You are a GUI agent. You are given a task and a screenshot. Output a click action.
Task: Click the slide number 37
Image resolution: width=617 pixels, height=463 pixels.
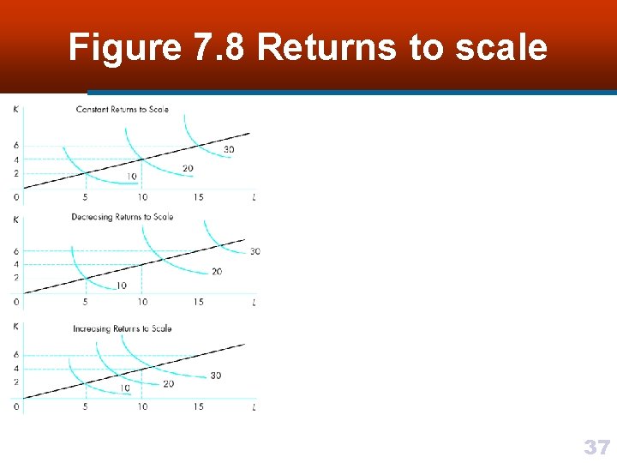(596, 447)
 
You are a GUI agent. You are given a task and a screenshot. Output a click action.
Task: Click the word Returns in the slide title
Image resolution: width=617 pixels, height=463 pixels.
(326, 47)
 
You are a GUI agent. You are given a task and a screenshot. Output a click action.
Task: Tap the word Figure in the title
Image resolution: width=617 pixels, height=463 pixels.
(124, 47)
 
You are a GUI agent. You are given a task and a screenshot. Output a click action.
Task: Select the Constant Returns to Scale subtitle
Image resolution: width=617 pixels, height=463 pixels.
(123, 110)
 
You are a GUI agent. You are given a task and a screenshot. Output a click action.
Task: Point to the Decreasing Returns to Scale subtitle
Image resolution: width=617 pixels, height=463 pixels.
(123, 217)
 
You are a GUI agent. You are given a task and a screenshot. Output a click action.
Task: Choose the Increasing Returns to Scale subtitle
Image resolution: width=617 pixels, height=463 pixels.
(123, 328)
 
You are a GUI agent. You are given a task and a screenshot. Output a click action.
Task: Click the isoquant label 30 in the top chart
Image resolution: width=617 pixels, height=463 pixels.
(229, 150)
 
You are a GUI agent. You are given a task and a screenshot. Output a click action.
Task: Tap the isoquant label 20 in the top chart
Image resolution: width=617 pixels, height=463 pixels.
(188, 168)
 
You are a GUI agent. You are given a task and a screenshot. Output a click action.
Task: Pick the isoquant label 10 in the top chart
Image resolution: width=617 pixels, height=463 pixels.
(131, 177)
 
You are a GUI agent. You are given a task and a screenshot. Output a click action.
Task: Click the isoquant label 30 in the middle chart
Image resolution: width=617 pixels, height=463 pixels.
(255, 251)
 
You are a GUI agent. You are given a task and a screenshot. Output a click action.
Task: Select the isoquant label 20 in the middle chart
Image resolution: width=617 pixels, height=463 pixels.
(216, 272)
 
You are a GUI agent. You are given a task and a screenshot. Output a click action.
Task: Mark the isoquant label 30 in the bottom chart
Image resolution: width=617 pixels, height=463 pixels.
(215, 376)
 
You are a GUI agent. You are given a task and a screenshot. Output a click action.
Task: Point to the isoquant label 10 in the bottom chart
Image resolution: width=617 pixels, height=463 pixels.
(125, 388)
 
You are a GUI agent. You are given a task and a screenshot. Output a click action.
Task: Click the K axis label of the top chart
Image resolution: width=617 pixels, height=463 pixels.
(16, 109)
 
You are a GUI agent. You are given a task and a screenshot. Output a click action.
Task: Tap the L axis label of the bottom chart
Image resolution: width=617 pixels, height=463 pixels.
(255, 407)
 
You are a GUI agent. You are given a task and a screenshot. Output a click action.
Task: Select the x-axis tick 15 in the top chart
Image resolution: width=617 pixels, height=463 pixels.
(198, 197)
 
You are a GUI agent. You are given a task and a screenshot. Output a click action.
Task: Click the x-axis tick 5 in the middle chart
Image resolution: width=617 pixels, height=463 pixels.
(85, 302)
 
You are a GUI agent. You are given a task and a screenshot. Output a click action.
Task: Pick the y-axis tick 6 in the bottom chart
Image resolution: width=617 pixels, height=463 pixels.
(16, 354)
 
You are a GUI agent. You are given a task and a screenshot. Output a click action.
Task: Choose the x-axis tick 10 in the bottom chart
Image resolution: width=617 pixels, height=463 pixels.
(142, 407)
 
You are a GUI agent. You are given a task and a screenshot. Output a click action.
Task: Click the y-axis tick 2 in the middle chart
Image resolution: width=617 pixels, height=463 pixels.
(16, 278)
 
